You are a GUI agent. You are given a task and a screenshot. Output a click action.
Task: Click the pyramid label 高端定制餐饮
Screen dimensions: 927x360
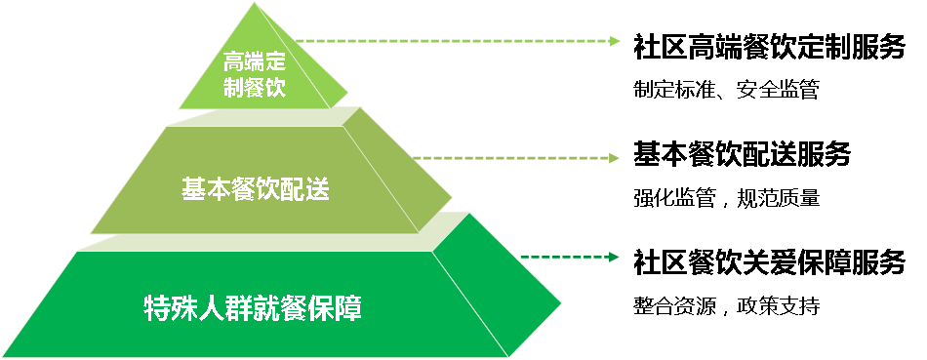point(255,74)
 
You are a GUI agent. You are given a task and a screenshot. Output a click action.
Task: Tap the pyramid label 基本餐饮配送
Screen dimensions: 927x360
point(256,189)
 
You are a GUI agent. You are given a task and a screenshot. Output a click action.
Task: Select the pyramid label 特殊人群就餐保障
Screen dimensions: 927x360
point(253,308)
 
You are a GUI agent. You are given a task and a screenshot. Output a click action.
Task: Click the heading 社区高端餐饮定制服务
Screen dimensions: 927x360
point(769,47)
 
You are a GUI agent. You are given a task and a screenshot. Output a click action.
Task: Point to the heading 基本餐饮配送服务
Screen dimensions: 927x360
point(742,154)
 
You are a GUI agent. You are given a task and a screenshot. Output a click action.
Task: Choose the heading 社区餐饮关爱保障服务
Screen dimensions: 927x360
point(769,261)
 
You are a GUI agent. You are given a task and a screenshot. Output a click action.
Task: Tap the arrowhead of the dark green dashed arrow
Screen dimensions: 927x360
point(615,258)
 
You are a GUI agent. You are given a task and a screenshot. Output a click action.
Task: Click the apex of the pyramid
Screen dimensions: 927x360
point(255,3)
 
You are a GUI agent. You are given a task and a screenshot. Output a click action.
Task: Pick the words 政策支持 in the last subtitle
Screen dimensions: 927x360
point(779,305)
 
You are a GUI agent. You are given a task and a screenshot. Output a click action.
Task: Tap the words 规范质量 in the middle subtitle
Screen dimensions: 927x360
point(779,197)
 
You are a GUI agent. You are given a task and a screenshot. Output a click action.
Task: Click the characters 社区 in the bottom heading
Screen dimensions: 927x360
point(660,261)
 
